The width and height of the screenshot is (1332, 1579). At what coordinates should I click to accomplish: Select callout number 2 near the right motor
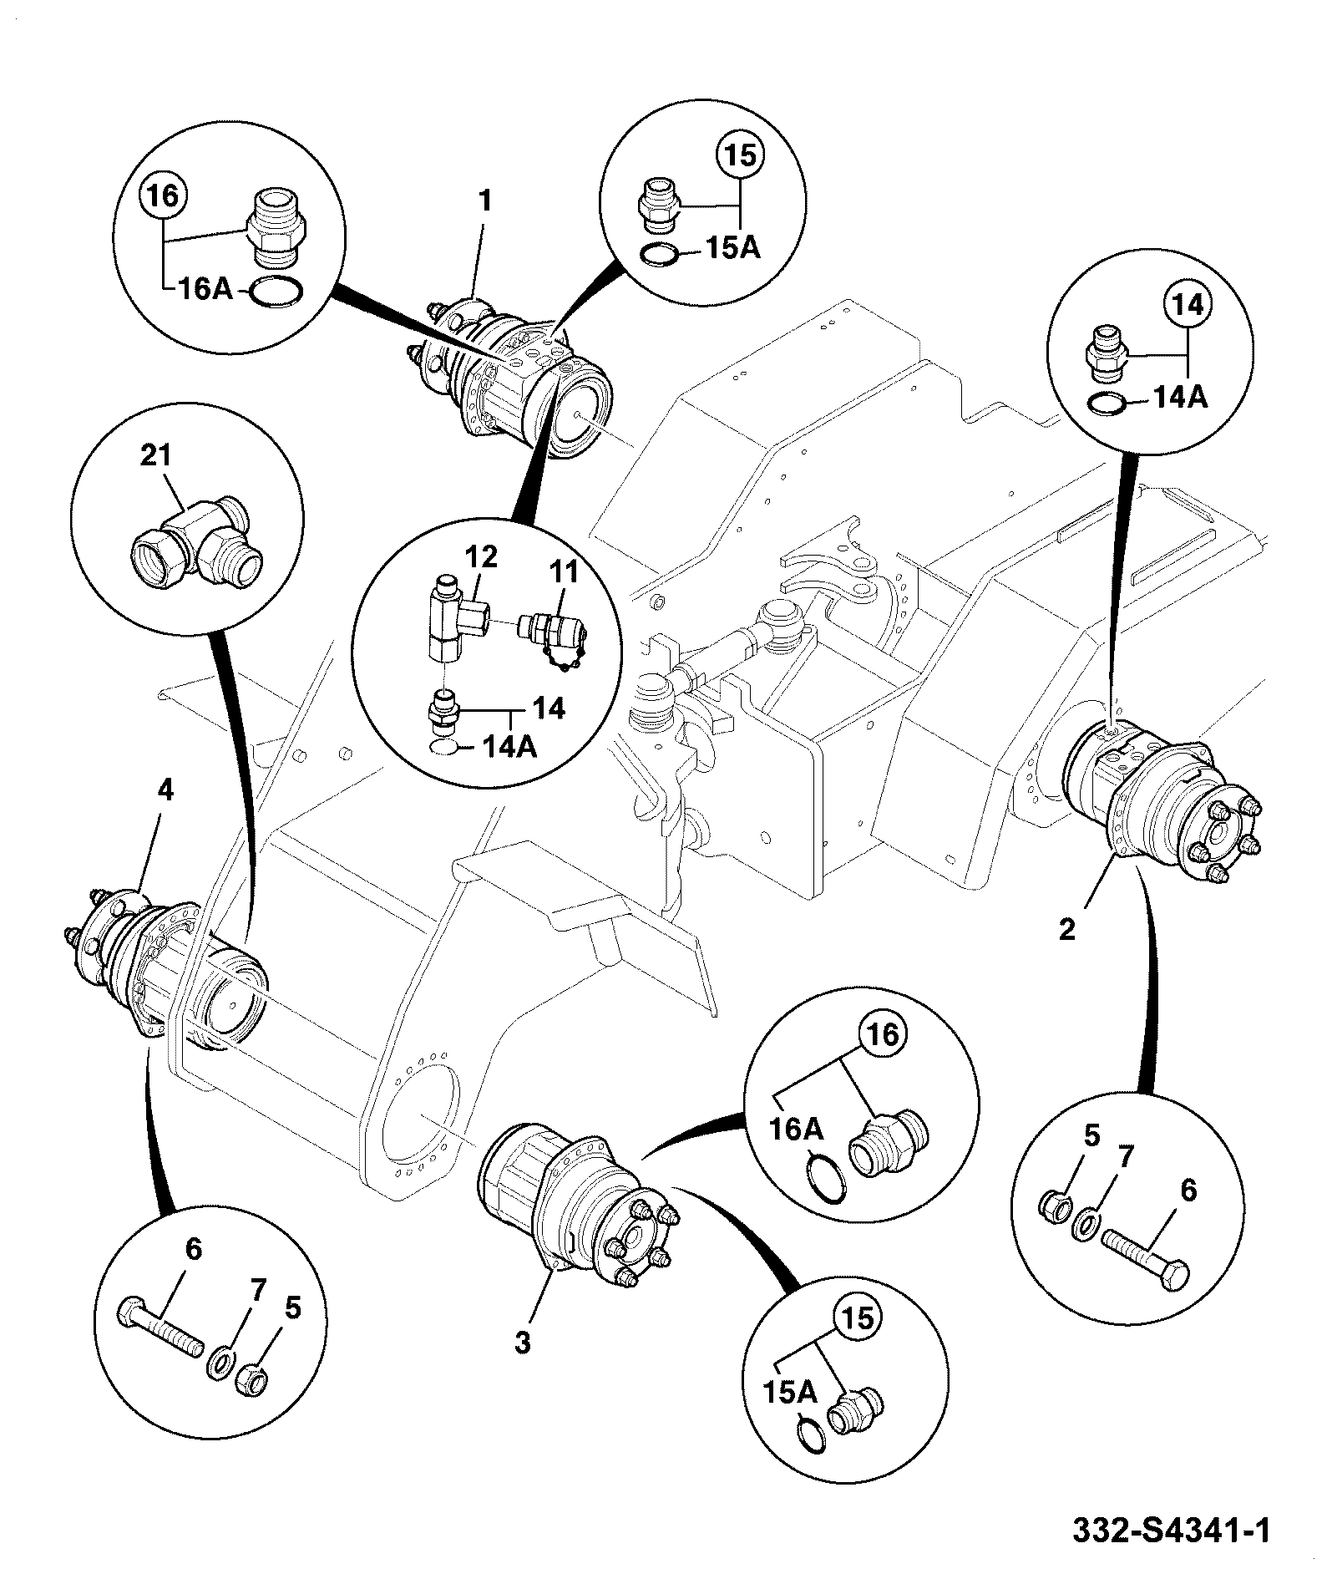point(1067,930)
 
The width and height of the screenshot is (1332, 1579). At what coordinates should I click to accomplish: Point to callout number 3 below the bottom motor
point(522,1343)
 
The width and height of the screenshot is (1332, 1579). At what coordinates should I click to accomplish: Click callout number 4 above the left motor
point(166,790)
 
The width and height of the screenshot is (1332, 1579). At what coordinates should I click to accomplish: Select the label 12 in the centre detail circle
point(482,557)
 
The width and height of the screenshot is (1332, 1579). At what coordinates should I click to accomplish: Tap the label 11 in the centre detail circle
point(562,574)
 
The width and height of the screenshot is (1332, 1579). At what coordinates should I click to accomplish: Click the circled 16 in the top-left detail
point(164,198)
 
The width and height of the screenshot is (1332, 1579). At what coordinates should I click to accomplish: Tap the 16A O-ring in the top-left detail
point(277,292)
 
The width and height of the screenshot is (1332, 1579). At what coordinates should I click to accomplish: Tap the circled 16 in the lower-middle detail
point(884,1034)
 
